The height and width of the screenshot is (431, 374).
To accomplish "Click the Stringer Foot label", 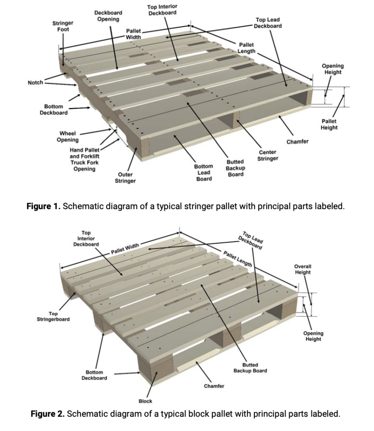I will [63, 26].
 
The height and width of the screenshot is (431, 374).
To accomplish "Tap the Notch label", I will [35, 82].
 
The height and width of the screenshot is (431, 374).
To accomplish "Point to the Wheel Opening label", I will [68, 137].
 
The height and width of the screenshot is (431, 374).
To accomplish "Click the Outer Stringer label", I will [125, 178].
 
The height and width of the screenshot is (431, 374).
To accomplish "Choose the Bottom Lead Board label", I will [204, 173].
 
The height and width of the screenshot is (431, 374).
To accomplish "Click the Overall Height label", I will [302, 269].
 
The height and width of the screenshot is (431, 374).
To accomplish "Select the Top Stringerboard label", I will [53, 316].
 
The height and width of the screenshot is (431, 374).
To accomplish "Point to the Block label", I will [145, 401].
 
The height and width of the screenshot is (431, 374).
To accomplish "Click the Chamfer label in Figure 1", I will [297, 141].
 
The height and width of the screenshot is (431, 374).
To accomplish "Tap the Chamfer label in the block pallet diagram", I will [214, 386].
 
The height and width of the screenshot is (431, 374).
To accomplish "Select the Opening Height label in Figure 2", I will [313, 336].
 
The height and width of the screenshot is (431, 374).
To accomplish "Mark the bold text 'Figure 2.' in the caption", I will [47, 413].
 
